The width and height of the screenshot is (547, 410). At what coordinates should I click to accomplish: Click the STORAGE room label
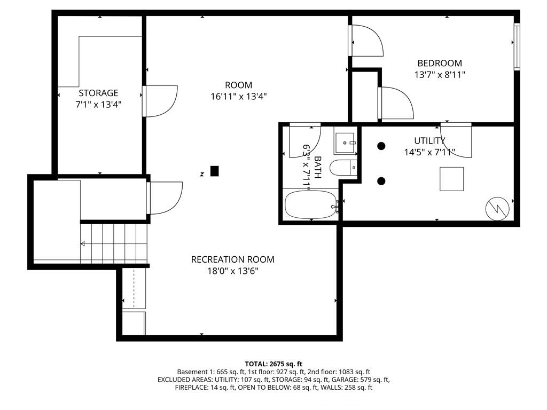point(98,93)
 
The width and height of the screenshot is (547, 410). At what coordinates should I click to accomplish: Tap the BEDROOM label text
point(440,63)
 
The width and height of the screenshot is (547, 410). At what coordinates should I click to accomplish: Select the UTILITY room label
point(429,140)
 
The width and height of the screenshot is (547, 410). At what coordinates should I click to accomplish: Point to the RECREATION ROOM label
point(233,259)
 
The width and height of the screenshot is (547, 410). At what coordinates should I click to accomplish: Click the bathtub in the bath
point(311,204)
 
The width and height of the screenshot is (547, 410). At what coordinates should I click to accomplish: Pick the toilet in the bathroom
point(343,168)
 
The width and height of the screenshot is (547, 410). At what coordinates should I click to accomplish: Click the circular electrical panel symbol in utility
point(497,209)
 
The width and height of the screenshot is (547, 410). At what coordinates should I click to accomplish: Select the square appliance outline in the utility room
point(452,179)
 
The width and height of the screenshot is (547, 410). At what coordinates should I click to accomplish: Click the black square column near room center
point(215,171)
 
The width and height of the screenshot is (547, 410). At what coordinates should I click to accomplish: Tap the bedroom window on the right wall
point(517,47)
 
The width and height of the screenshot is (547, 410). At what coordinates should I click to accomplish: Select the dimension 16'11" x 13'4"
point(239,96)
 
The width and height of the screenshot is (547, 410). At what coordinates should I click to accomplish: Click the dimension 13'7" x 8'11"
point(440,75)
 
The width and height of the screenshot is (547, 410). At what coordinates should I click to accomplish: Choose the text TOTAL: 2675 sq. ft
point(273,364)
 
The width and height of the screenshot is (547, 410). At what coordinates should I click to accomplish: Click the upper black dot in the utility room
point(381,146)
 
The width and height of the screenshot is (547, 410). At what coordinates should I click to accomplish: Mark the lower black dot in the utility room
point(381,181)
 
